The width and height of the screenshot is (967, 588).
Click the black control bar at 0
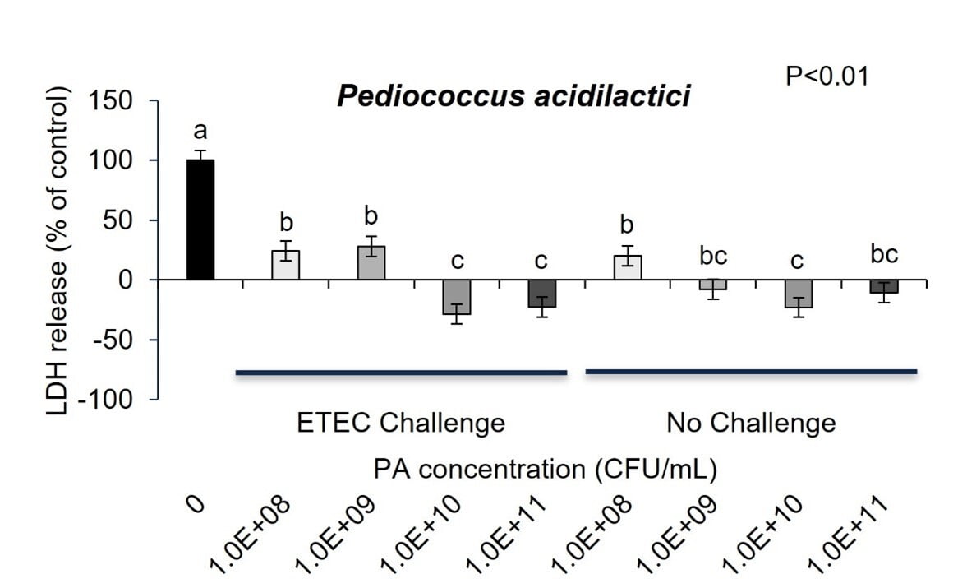200,220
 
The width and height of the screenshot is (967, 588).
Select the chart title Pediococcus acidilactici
513,96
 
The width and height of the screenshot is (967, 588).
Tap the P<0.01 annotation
827,76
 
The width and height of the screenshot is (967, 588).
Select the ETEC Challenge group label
400,423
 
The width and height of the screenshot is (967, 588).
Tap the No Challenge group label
751,423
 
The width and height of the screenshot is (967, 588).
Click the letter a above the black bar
200,132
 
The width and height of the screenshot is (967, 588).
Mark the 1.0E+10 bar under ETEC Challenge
457,297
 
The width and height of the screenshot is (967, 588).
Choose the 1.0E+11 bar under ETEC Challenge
542,294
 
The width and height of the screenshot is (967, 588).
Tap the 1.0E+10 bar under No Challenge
799,294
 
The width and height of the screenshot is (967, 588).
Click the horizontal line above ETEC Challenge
401,373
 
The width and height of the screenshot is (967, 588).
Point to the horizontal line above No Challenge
751,372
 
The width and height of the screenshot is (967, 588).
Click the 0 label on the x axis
196,503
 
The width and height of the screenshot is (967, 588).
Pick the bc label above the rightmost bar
884,254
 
